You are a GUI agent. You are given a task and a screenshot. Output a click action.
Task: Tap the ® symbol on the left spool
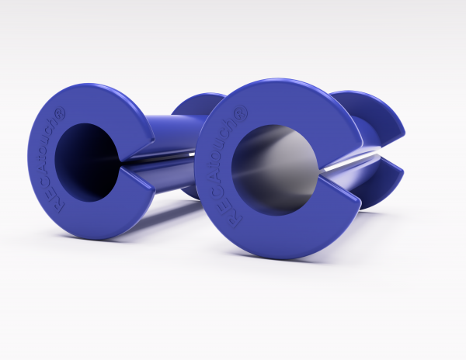click(60, 114)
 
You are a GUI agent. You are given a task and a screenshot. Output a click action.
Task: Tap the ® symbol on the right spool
click(240, 112)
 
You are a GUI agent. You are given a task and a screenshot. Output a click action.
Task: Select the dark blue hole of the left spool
click(87, 162)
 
